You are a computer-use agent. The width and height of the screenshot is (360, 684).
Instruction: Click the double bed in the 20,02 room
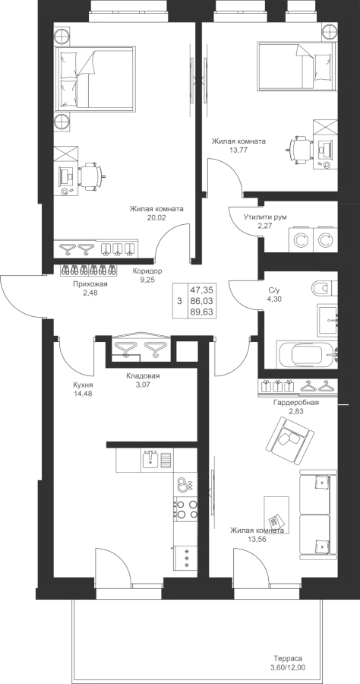point(93,78)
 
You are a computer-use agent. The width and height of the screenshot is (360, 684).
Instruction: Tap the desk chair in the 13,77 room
point(299,150)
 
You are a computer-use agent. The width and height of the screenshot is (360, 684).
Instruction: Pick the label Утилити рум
point(265,217)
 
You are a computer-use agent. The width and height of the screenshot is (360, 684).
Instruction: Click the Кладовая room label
point(143,375)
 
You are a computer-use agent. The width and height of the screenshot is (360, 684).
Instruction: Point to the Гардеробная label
point(296,402)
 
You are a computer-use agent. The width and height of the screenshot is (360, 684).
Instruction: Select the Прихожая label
point(90,284)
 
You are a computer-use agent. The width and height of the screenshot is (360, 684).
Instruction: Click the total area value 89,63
point(201,311)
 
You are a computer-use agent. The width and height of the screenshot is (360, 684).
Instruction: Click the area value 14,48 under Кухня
point(83,394)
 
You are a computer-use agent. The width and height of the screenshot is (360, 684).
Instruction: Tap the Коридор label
point(147,271)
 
